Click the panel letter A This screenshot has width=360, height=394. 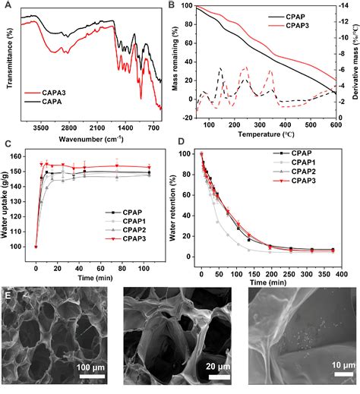tap(6, 6)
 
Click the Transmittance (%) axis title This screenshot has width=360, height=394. tap(8, 61)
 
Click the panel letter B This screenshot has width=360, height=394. tap(182, 6)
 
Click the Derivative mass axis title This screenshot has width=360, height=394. tap(354, 61)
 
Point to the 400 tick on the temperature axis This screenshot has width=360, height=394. tap(285, 119)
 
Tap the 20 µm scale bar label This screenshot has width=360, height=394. tap(208, 368)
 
